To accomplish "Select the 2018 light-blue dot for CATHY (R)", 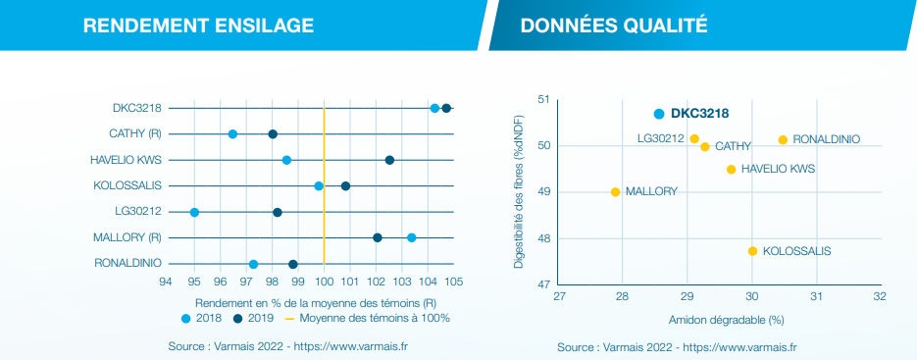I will click(232, 133).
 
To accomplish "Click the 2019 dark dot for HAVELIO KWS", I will click(389, 160).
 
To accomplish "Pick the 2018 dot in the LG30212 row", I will click(194, 212).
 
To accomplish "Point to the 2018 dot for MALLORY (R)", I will click(411, 237).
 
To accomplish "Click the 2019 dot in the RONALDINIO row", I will click(292, 264).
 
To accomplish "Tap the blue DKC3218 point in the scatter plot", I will click(659, 114).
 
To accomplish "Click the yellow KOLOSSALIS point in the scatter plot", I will click(752, 251).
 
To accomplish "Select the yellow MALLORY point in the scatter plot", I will click(615, 192).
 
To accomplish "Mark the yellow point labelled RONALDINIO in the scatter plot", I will click(783, 140).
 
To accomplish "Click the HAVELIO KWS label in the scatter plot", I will click(778, 170).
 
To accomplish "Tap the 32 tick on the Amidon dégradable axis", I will click(880, 295).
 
